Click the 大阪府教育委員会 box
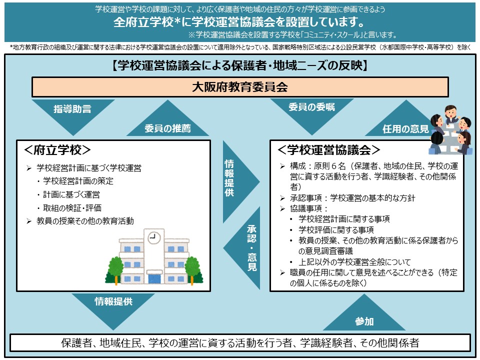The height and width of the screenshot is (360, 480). (x=240, y=87)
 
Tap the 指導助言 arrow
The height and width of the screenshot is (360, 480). (x=73, y=114)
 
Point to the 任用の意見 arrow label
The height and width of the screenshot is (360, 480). (x=405, y=129)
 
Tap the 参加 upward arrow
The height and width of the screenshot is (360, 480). (x=364, y=315)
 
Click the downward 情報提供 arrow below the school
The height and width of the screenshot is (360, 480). (x=113, y=307)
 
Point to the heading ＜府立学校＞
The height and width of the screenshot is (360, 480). (x=57, y=149)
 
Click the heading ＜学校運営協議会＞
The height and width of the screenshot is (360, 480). (x=329, y=149)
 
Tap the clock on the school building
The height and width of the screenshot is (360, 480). (x=154, y=237)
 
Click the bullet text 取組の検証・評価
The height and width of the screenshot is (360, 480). (x=72, y=208)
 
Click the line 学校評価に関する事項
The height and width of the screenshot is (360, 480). (x=336, y=229)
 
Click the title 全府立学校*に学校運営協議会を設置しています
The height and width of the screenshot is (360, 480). (x=239, y=22)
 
